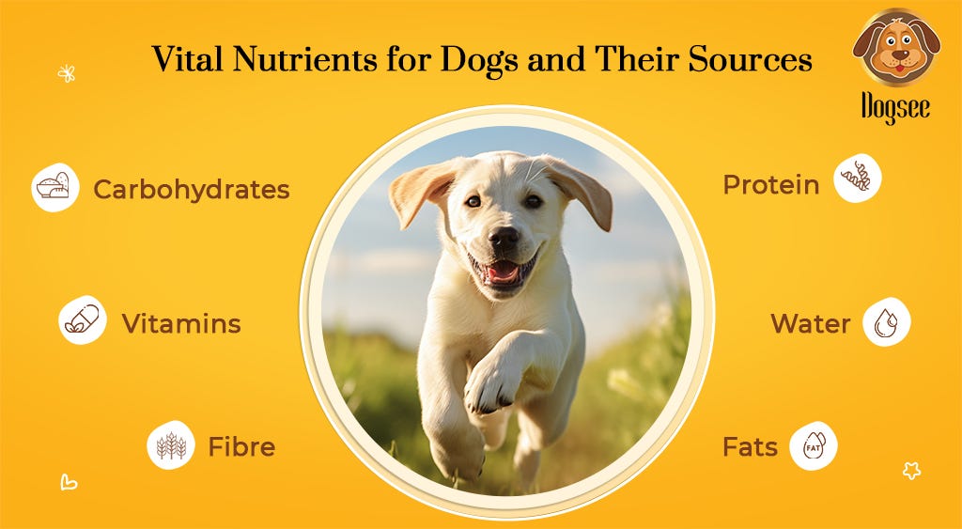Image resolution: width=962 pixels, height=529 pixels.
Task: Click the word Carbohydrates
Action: pyautogui.click(x=191, y=190)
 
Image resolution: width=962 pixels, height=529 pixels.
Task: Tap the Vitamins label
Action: pyautogui.click(x=181, y=325)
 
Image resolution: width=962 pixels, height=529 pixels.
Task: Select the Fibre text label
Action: pyautogui.click(x=241, y=446)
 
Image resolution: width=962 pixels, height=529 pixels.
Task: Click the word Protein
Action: pyautogui.click(x=770, y=185)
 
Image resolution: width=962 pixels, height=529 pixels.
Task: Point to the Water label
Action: pyautogui.click(x=810, y=324)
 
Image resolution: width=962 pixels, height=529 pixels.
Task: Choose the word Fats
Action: pyautogui.click(x=750, y=447)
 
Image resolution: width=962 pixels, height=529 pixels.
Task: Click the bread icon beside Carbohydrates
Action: pyautogui.click(x=54, y=187)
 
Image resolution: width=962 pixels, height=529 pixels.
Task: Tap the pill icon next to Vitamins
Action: pyautogui.click(x=82, y=320)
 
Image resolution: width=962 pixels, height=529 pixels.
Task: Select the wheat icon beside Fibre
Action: pyautogui.click(x=171, y=445)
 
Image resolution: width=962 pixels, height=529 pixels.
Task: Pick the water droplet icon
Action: pyautogui.click(x=886, y=322)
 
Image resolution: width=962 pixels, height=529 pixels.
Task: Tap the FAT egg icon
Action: pyautogui.click(x=813, y=445)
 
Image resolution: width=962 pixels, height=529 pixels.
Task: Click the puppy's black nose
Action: pyautogui.click(x=504, y=237)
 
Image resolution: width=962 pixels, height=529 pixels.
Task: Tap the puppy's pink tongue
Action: pyautogui.click(x=502, y=272)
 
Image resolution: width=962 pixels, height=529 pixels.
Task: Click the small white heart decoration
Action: pyautogui.click(x=68, y=483)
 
